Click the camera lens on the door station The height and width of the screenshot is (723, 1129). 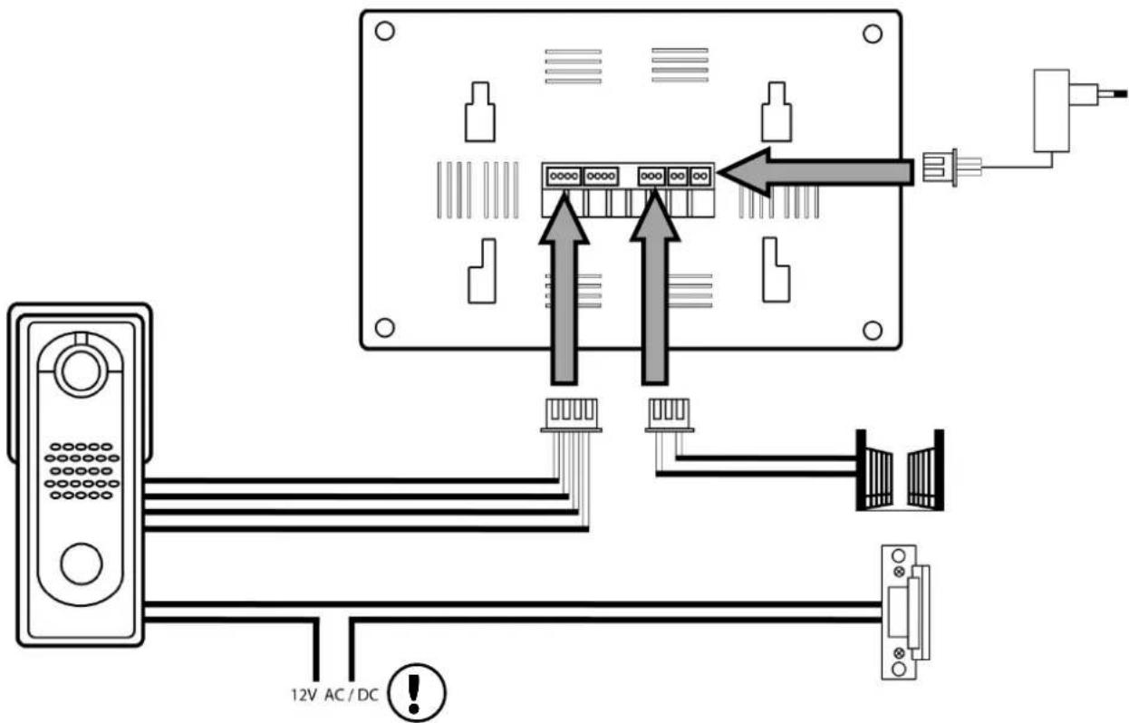(x=80, y=371)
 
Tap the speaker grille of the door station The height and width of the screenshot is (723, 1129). (x=82, y=471)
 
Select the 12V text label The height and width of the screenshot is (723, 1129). (x=304, y=695)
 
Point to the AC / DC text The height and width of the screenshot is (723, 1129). (x=352, y=695)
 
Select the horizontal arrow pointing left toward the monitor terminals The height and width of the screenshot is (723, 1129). (x=815, y=172)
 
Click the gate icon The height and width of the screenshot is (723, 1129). (x=900, y=470)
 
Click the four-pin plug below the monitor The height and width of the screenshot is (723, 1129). (x=572, y=415)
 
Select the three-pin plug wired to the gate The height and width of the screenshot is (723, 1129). (x=670, y=415)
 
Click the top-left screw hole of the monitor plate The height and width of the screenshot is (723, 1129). (x=384, y=31)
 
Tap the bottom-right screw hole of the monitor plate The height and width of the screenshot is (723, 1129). (x=873, y=331)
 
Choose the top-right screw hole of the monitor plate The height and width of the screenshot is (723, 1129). (x=873, y=34)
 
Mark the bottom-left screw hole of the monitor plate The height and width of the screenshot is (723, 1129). (x=384, y=328)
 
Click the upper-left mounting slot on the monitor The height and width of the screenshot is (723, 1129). (x=480, y=111)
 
